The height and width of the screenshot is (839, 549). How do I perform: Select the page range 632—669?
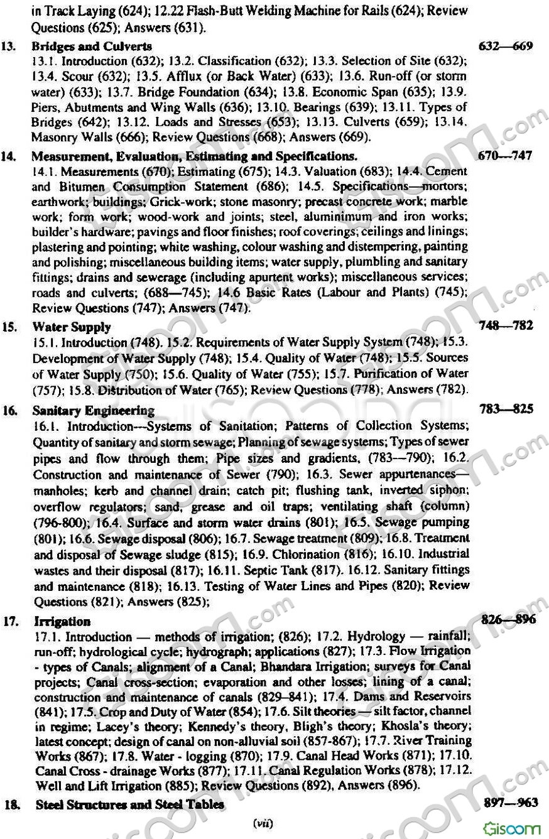click(x=506, y=46)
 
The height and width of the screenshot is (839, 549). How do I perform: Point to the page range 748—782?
click(x=506, y=325)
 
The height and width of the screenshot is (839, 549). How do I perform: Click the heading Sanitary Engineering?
click(x=94, y=410)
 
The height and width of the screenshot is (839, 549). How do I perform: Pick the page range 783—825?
click(x=506, y=409)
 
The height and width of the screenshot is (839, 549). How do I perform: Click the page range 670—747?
click(x=505, y=155)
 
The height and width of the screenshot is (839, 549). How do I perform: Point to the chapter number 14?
click(x=9, y=155)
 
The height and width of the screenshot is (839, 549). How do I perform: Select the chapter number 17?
click(x=9, y=621)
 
